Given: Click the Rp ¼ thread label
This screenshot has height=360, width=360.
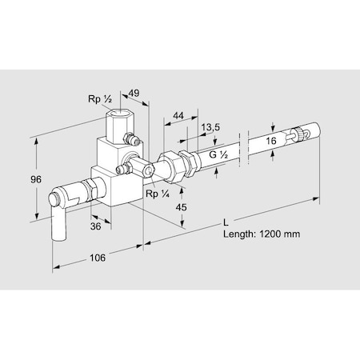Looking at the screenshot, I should coord(156,194).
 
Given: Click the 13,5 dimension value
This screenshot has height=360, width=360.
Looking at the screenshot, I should coord(212,127).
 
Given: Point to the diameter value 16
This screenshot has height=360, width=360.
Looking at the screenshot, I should coord(272,140).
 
